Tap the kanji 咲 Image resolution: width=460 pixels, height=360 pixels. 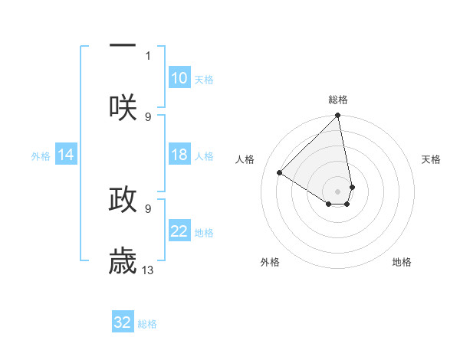point(123,107)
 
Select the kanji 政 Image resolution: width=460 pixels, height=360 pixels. point(123,199)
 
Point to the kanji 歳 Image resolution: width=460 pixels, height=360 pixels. point(123,261)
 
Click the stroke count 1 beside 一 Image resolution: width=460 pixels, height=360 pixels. point(148,55)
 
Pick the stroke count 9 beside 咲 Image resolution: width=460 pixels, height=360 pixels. point(148,116)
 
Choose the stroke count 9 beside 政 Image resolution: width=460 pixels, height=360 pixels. point(148,208)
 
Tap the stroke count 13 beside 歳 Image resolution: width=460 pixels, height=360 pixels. point(148,270)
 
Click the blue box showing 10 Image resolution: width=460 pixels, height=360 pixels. point(179,78)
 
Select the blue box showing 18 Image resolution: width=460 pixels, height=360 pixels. point(179,155)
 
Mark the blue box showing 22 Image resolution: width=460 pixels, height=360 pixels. point(179,231)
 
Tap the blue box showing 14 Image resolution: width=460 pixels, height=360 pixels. point(66,155)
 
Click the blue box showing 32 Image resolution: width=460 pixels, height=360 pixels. point(123,322)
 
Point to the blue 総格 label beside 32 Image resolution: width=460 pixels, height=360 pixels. point(147,324)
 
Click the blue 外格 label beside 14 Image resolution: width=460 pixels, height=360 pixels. point(41,156)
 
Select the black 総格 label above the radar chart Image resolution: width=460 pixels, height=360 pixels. point(338,100)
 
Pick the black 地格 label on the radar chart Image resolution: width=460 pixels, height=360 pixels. point(402,262)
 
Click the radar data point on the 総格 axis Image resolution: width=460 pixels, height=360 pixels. point(338,116)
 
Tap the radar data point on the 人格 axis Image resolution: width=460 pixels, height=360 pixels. point(280,172)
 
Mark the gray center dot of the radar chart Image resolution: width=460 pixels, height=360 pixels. point(338,191)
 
